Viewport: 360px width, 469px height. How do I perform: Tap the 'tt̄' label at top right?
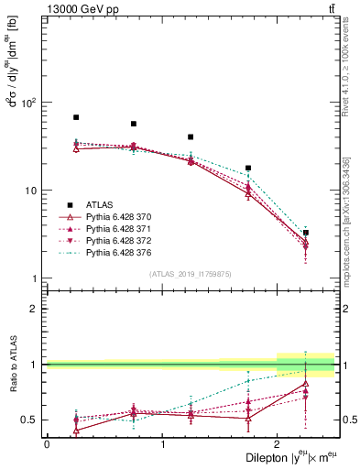click(329, 8)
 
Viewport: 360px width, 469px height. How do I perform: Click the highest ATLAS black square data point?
click(76, 117)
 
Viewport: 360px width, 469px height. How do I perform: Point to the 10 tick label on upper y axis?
click(33, 191)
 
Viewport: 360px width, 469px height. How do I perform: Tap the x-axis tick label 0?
click(47, 443)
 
